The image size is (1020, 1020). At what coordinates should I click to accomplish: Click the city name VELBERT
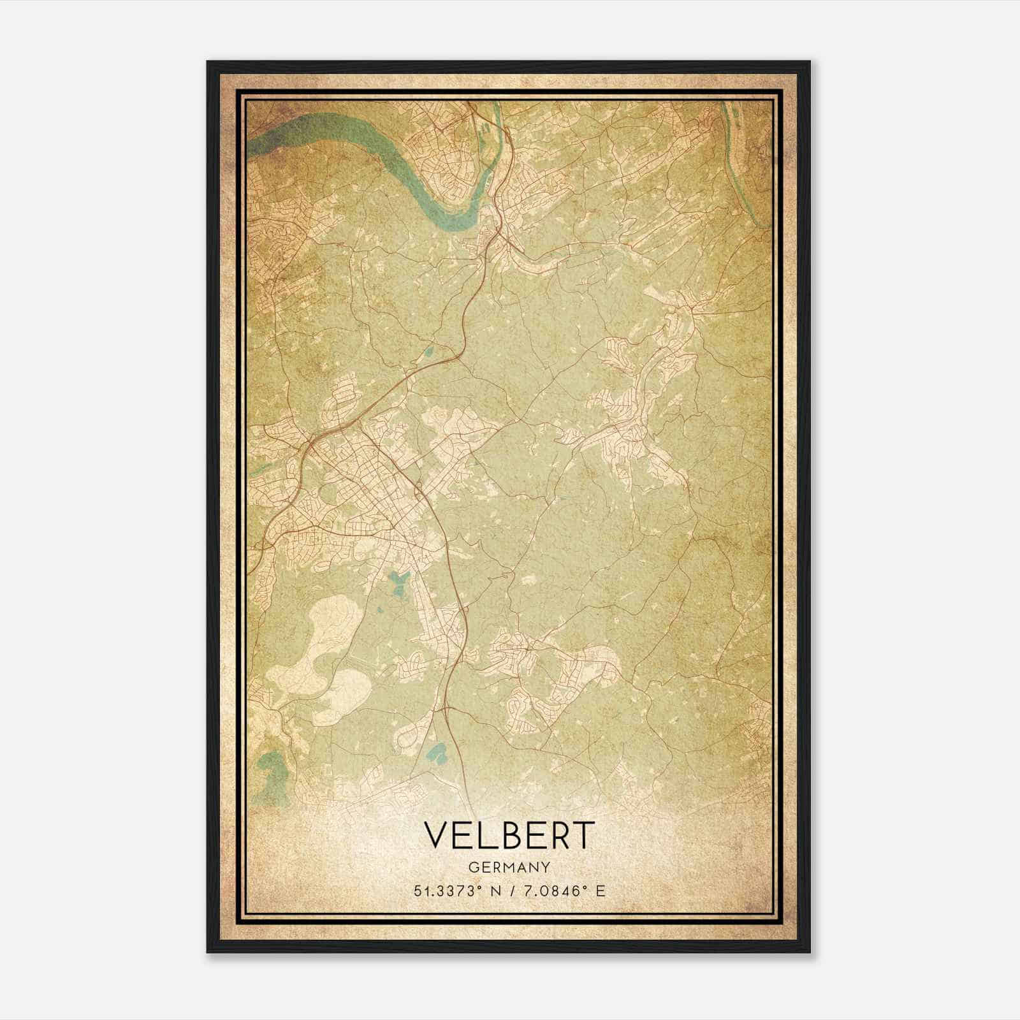[x=509, y=835]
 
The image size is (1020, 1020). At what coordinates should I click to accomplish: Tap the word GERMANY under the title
[x=509, y=867]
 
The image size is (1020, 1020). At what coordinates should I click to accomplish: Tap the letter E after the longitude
[x=600, y=891]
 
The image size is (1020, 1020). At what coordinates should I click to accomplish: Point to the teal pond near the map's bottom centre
[x=437, y=755]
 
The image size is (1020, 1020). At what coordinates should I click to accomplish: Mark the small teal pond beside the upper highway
[x=428, y=350]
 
